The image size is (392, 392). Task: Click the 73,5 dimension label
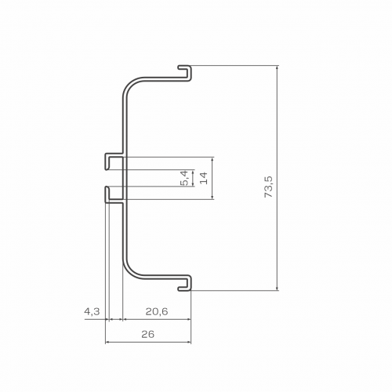coord(269,187)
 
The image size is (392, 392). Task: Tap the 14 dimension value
coord(204,178)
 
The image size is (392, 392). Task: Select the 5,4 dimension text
coord(184,178)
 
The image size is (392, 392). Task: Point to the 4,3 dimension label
coord(92,311)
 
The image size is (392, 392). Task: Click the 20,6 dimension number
coord(157,311)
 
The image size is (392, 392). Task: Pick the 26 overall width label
coord(148,334)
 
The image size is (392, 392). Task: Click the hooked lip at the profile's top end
coord(185,73)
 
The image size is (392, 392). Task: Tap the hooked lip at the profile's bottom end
coord(185,283)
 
